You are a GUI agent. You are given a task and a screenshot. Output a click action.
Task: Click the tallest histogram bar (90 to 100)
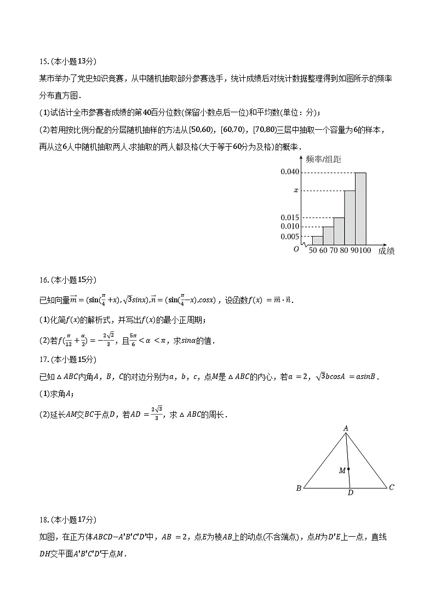[x=360, y=208]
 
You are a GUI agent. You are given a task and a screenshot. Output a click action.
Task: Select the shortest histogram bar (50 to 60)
[x=317, y=240]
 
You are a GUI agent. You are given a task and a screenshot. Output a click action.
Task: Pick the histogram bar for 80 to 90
[x=350, y=217]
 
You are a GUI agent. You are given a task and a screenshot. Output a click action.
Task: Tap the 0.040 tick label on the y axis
[x=290, y=172]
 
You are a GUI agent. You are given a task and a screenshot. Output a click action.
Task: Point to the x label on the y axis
[x=296, y=191]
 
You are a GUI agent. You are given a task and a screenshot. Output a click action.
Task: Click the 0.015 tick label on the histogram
[x=290, y=217]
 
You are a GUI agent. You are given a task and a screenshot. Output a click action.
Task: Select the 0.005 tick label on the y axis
[x=290, y=236]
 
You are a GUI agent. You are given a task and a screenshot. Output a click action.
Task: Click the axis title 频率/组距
[x=323, y=159]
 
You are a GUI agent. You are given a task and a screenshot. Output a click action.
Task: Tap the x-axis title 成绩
[x=386, y=251]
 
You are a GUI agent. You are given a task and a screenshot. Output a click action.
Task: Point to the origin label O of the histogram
[x=296, y=249]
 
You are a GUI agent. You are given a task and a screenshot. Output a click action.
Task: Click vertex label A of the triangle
[x=346, y=428]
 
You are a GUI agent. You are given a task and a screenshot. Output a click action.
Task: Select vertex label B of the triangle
[x=299, y=488]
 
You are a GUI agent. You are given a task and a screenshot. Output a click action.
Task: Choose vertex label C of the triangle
[x=391, y=487]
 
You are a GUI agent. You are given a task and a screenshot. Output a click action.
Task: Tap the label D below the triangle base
[x=350, y=493]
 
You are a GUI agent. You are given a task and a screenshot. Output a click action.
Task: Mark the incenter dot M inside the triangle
[x=348, y=469]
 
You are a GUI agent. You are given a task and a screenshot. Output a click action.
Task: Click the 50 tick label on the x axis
[x=312, y=250]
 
